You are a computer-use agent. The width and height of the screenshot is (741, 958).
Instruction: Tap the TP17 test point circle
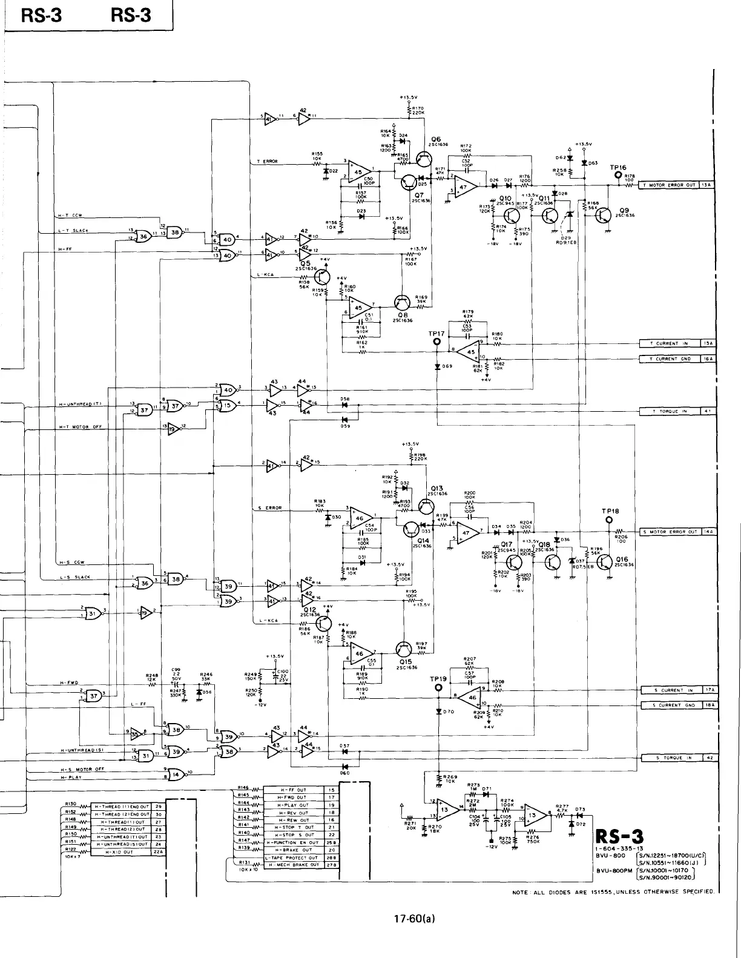tap(436, 342)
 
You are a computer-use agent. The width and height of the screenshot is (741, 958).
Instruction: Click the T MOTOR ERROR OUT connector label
tap(669, 185)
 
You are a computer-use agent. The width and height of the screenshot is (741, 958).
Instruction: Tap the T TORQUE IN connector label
tap(669, 411)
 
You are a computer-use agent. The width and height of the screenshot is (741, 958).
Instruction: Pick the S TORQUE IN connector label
tap(670, 758)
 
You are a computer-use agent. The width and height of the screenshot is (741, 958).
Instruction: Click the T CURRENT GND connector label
tap(669, 358)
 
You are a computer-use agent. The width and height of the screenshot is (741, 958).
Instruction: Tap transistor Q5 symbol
tap(321, 276)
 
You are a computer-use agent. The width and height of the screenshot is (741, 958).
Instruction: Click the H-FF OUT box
tap(293, 790)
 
